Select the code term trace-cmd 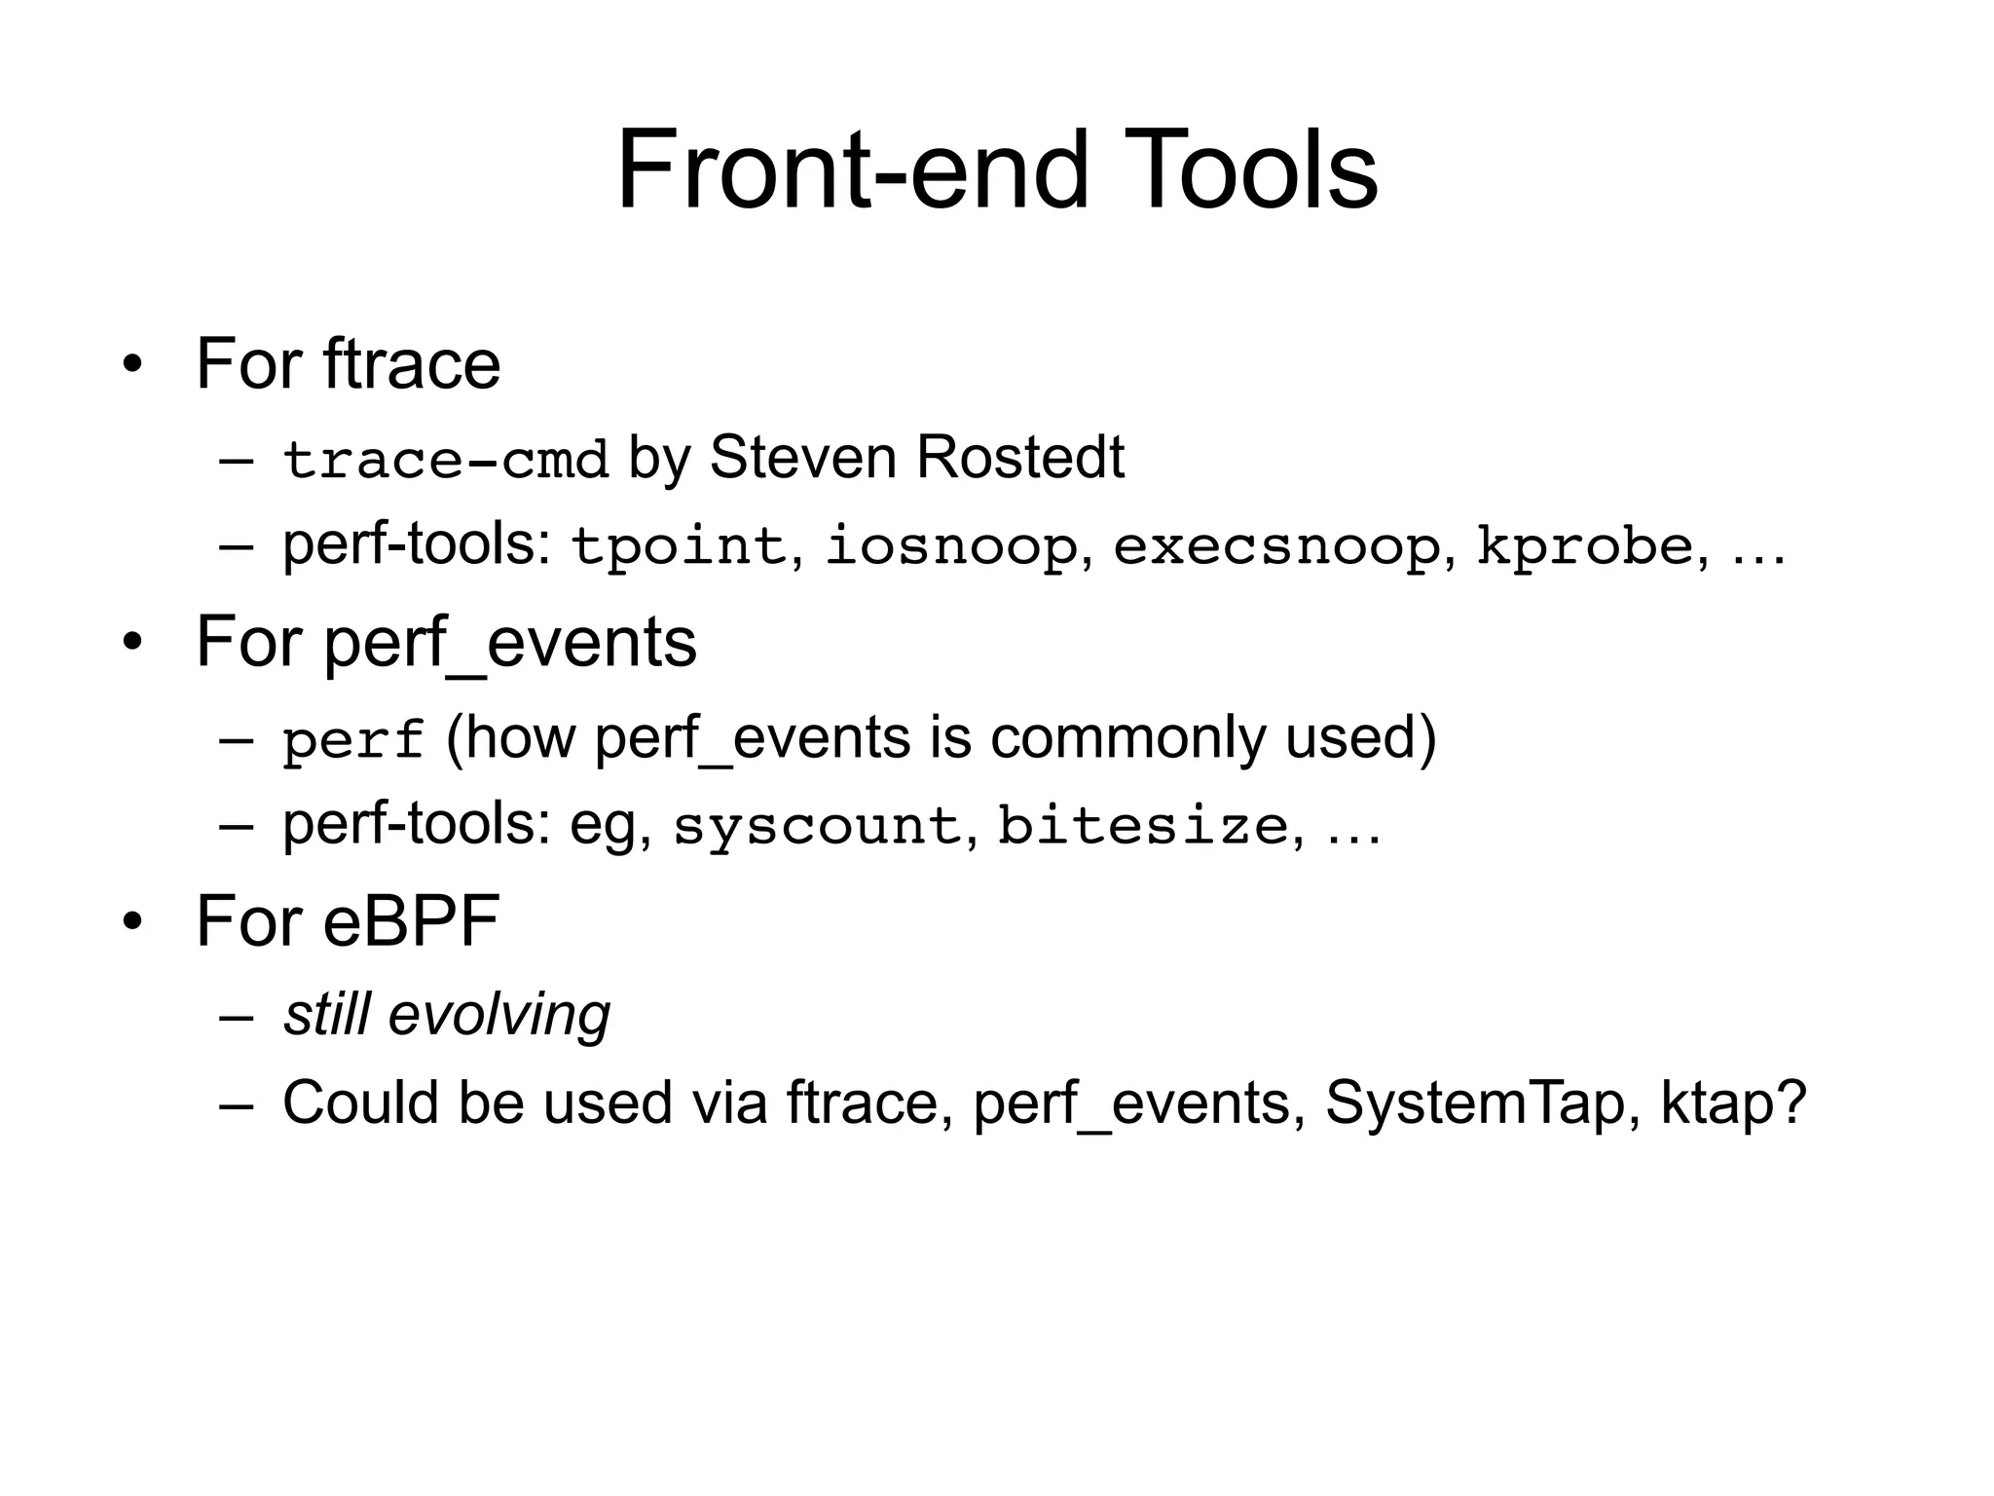(x=446, y=460)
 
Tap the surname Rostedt (x=1019, y=457)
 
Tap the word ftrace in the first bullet (x=412, y=364)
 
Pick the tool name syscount (x=817, y=826)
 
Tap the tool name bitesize (x=1143, y=826)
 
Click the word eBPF (x=412, y=921)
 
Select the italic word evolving (x=499, y=1015)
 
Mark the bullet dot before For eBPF (x=132, y=922)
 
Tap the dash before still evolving (x=237, y=1017)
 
